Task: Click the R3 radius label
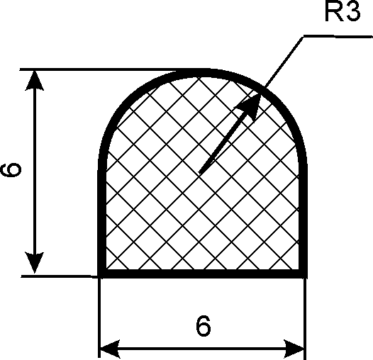click(343, 11)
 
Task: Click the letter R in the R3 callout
click(333, 11)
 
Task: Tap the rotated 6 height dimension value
click(11, 170)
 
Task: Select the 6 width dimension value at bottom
click(204, 326)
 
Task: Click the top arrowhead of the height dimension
click(35, 80)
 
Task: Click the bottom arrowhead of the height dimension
click(35, 262)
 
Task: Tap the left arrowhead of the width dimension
click(110, 349)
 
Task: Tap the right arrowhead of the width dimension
click(294, 349)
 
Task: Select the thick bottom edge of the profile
click(202, 274)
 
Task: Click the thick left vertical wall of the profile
click(102, 214)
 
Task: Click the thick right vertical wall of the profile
click(303, 214)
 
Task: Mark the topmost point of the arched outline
click(202, 72)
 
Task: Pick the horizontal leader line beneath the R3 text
click(338, 36)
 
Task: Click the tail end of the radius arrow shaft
click(199, 173)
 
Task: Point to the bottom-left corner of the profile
click(99, 278)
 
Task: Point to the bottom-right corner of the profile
click(307, 278)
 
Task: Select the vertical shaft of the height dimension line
click(35, 171)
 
